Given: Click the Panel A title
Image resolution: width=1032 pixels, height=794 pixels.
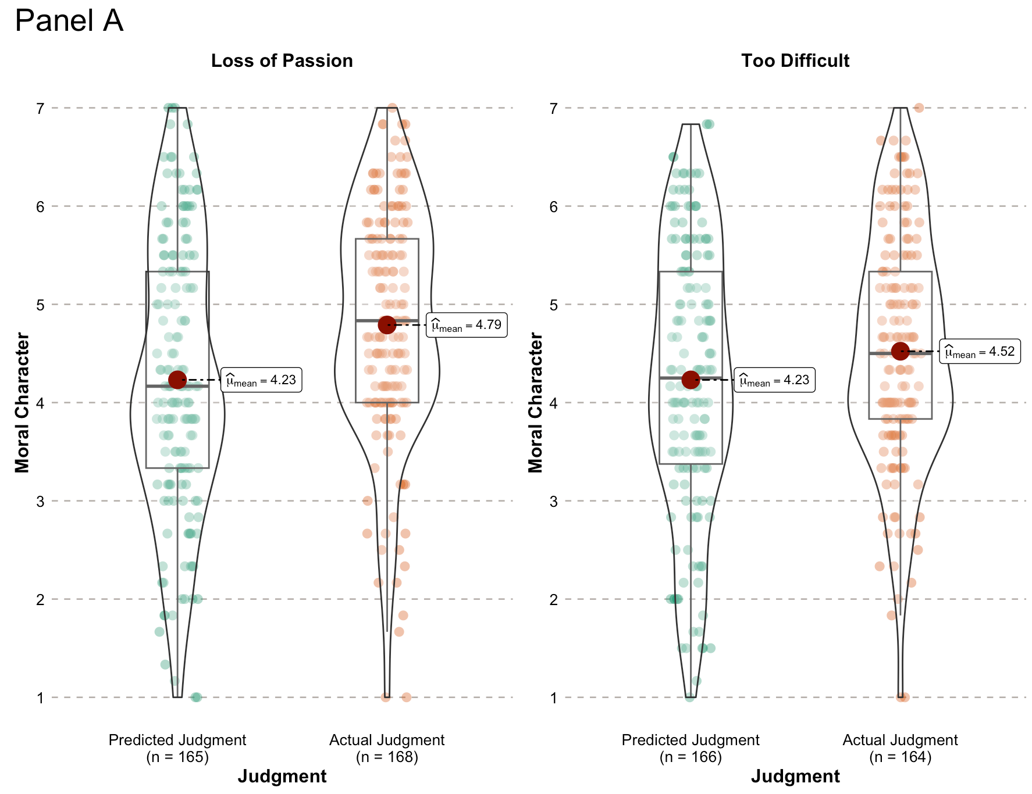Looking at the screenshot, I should (x=69, y=21).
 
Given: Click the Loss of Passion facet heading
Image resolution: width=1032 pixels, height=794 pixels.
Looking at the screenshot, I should (x=282, y=61).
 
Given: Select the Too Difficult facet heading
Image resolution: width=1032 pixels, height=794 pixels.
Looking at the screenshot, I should (x=795, y=61).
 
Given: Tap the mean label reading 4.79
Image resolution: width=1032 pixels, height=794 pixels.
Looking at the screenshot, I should (x=467, y=325).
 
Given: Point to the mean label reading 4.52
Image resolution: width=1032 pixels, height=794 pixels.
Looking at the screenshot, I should (x=980, y=352).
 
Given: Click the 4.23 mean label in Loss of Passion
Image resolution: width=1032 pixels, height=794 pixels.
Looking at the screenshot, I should (x=261, y=380).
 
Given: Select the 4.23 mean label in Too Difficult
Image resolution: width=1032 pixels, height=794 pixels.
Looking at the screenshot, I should (x=774, y=380).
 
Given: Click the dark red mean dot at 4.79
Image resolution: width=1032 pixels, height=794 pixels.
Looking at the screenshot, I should (x=387, y=325).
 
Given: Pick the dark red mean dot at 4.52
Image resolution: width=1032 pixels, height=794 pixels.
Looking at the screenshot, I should (x=901, y=350).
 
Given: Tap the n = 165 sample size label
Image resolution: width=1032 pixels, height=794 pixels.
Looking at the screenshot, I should (x=177, y=757).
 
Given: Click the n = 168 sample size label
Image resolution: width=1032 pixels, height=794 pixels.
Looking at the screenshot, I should (x=387, y=757).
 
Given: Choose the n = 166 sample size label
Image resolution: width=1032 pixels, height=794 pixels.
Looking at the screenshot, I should (x=691, y=757).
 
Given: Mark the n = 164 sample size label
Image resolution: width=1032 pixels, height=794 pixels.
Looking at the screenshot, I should (x=900, y=757).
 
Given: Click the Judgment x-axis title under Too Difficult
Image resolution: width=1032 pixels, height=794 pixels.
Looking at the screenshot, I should (x=795, y=777).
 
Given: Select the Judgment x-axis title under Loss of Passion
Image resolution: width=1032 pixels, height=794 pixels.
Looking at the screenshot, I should (x=282, y=777).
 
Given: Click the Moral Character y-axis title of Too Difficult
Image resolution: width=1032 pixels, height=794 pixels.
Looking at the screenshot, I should (x=536, y=402).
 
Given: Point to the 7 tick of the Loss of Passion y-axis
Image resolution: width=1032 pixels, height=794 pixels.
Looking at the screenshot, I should (x=40, y=108).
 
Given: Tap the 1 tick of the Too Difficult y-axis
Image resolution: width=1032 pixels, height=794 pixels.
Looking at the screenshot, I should (x=553, y=698).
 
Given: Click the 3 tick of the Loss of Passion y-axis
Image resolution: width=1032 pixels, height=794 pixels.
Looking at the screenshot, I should (x=40, y=501).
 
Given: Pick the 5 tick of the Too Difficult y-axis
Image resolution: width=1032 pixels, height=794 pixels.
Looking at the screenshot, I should (x=553, y=305).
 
